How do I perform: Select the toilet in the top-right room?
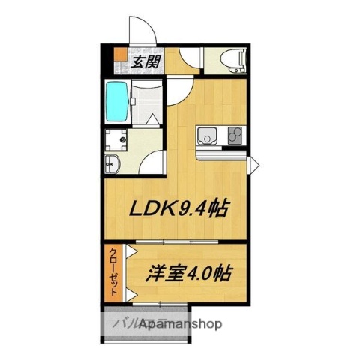tap(224, 61)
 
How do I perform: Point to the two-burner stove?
tap(233, 136)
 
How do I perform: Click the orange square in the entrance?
tap(120, 55)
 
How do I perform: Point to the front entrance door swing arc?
tap(142, 30)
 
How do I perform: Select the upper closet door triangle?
tap(130, 250)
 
